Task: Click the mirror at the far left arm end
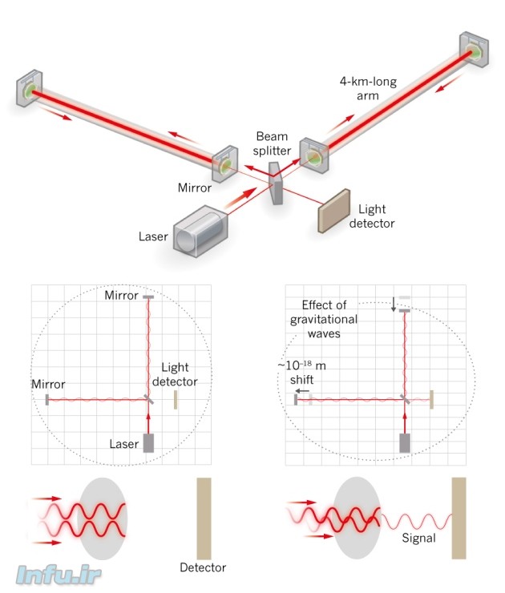(x=30, y=87)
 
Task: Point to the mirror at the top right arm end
(x=474, y=50)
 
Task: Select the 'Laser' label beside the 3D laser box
(x=153, y=236)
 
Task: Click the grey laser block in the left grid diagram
(x=148, y=443)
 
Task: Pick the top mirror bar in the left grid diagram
(x=148, y=296)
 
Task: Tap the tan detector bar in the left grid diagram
(x=176, y=399)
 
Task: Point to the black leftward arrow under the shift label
(x=301, y=392)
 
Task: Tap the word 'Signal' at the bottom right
(x=418, y=539)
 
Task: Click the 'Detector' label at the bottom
(x=203, y=568)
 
